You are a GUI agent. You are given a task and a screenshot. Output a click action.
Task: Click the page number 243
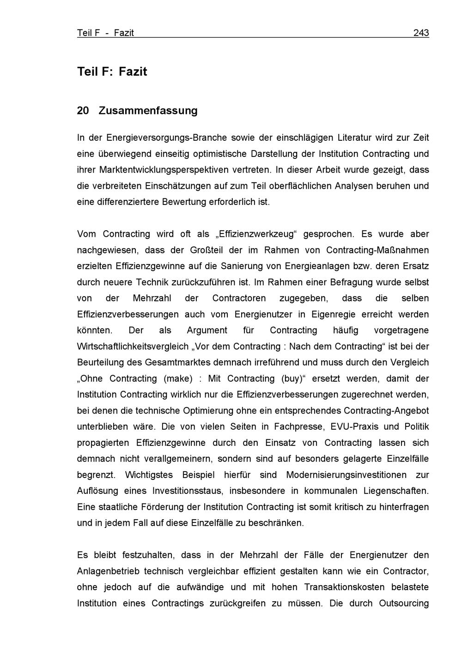point(421,33)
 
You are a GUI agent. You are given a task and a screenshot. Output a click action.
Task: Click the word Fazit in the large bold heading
point(133,72)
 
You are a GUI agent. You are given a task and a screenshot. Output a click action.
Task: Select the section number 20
point(83,111)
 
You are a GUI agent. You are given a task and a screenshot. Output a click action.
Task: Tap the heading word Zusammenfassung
point(148,111)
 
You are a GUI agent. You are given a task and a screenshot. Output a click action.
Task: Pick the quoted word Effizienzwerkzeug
point(255,234)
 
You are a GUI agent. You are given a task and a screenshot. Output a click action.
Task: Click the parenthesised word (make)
point(178,378)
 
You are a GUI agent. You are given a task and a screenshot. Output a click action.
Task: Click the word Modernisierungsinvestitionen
point(346,475)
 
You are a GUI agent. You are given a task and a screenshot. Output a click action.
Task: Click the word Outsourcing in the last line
point(404,603)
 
